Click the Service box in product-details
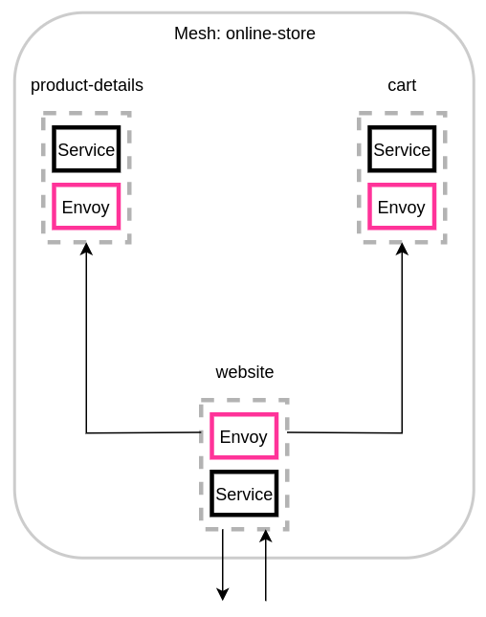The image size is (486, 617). tap(86, 149)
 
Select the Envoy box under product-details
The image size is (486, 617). tap(86, 207)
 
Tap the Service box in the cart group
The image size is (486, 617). tap(402, 149)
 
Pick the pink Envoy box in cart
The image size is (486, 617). tap(402, 207)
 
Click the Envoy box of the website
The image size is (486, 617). tap(244, 436)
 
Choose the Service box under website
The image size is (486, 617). tap(244, 494)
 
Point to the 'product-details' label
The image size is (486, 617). tap(87, 85)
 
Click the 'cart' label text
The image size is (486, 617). tap(402, 85)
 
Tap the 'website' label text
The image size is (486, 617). tap(245, 372)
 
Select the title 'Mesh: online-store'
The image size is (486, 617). tap(245, 33)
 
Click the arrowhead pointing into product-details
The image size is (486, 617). tap(86, 249)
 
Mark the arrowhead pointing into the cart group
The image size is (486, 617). tap(402, 249)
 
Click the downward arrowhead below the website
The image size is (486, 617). tap(223, 594)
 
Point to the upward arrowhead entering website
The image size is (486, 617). tap(266, 537)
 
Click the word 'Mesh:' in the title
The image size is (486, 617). tap(198, 33)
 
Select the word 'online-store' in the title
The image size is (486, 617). tap(271, 33)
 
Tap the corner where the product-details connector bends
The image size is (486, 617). tap(86, 433)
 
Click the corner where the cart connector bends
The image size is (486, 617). tap(402, 433)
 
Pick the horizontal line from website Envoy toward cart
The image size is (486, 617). tap(344, 432)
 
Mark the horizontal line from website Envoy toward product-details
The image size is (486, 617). tap(144, 432)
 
